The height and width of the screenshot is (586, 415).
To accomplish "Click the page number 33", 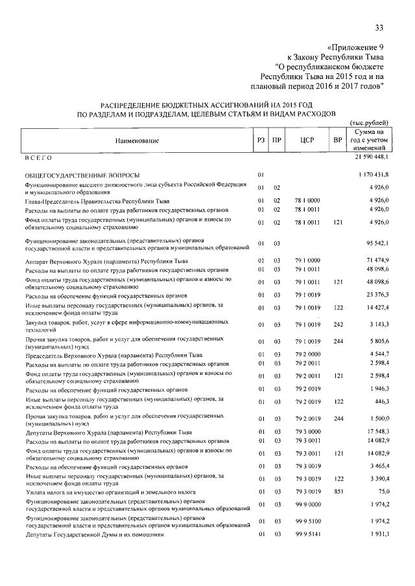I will click(x=379, y=27).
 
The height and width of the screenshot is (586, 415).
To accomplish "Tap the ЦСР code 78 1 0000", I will click(x=305, y=201).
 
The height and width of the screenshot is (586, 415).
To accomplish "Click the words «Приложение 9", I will click(x=356, y=47).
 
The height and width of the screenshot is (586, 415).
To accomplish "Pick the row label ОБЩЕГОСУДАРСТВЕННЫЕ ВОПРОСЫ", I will click(x=84, y=175).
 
